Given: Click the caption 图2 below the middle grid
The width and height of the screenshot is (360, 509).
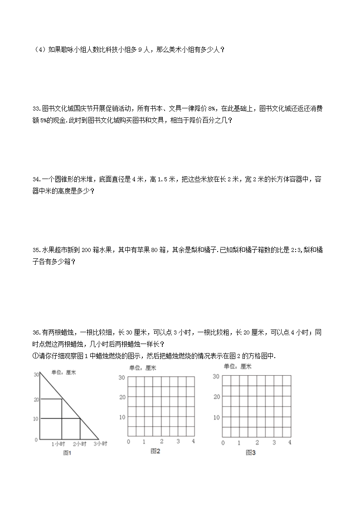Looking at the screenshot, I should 156,451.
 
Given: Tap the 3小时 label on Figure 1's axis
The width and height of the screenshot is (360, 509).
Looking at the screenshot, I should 100,444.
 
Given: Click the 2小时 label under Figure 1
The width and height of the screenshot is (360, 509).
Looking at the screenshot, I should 80,444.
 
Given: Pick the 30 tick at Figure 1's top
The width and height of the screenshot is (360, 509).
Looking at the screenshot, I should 36,374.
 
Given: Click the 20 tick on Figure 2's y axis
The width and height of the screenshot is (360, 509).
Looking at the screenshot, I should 122,397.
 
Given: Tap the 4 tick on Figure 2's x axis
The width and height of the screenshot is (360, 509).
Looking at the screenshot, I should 194,441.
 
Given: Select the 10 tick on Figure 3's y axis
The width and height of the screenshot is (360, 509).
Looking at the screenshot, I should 217,417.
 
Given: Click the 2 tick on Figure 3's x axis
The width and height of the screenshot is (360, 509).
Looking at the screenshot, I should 257,442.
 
